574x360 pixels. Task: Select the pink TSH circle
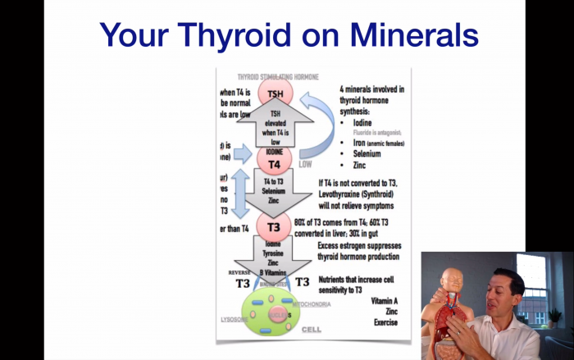pyautogui.click(x=276, y=93)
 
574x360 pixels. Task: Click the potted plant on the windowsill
pyautogui.click(x=555, y=316)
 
